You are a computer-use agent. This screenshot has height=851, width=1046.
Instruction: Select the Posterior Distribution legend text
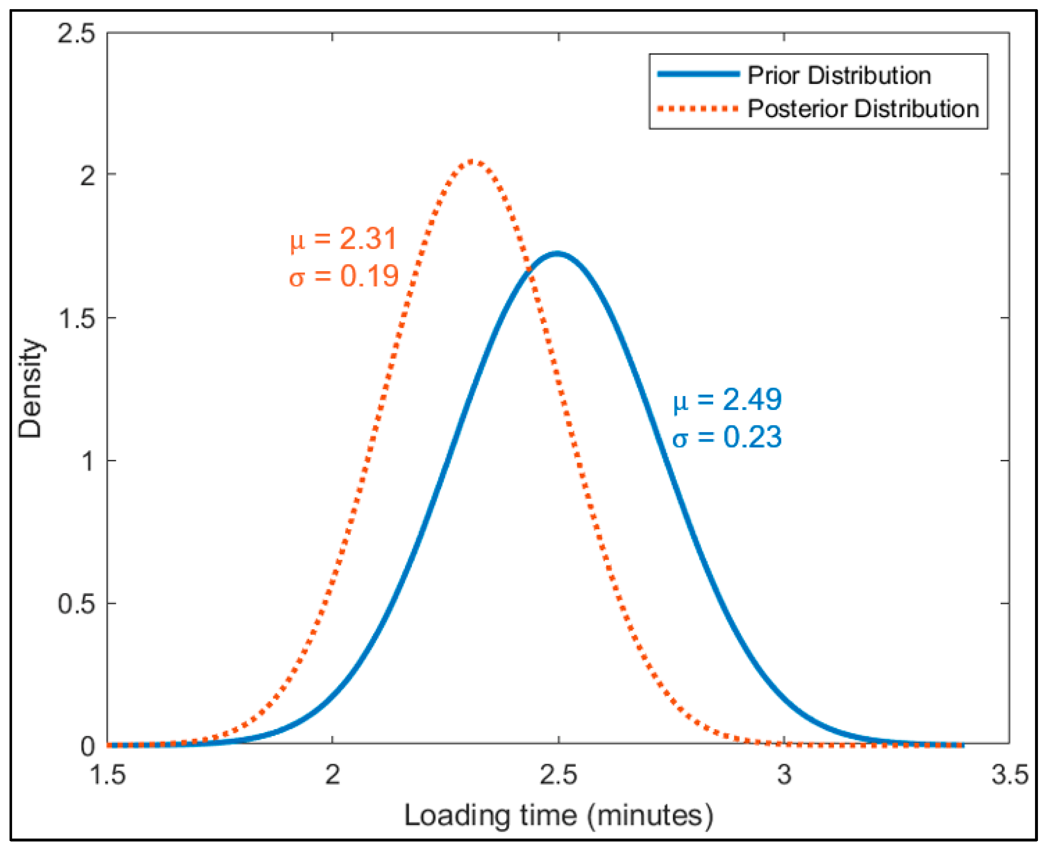[863, 108]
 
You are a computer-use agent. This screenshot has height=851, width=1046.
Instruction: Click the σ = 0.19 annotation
[344, 276]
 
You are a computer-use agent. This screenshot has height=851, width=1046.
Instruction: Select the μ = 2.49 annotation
[727, 400]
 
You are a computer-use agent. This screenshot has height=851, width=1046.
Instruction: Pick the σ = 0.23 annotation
[727, 436]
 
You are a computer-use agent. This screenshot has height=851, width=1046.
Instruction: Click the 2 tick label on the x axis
[333, 775]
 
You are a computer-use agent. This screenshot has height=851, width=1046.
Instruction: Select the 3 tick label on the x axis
[784, 775]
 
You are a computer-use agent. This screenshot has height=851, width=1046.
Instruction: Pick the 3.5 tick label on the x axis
[1009, 775]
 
